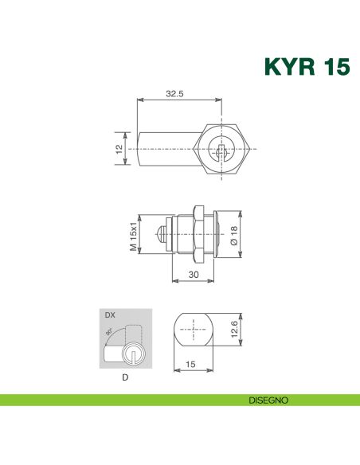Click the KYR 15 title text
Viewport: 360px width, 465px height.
click(x=306, y=66)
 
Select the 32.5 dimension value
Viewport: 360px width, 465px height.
click(x=174, y=93)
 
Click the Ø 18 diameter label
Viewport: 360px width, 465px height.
click(x=234, y=234)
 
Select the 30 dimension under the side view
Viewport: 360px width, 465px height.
click(x=193, y=273)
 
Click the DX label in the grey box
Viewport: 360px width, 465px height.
click(x=110, y=316)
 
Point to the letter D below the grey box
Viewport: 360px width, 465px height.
click(x=125, y=377)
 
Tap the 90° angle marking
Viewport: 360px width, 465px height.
click(x=108, y=339)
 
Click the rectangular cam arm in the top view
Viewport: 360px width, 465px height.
click(x=163, y=148)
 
